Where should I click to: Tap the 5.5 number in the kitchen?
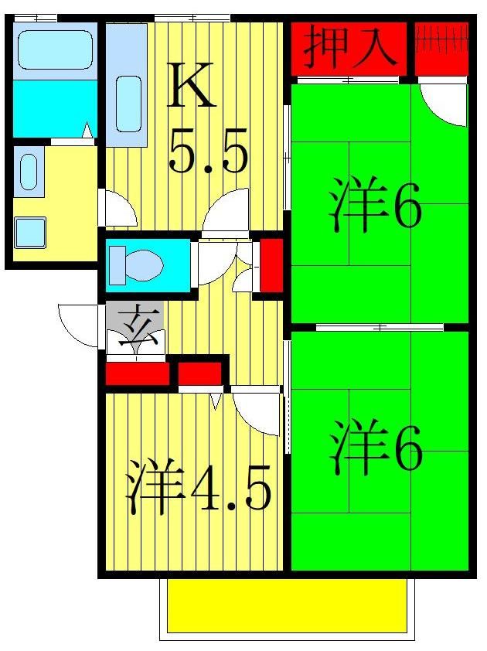pos(208,154)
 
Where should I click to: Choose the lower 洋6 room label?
pos(376,448)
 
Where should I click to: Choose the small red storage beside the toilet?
pos(271,265)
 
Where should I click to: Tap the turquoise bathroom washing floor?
pos(53,108)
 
